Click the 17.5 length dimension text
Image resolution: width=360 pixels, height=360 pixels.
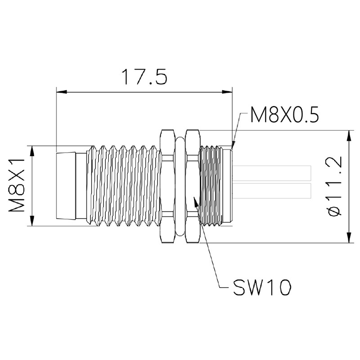pos(144,76)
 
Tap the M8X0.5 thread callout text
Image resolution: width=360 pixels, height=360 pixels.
pos(284,115)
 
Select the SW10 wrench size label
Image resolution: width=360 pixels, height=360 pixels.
pos(262,287)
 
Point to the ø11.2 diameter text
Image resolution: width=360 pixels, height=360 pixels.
pos(334,186)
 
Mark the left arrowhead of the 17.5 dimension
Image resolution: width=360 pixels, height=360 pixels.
pos(62,92)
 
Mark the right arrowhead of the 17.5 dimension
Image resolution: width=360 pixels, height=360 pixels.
pos(227,92)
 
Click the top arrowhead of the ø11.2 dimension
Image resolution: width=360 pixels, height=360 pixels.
pos(349,135)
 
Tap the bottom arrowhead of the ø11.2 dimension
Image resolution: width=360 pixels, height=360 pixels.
pos(349,238)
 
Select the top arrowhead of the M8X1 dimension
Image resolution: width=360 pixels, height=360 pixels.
pos(32,151)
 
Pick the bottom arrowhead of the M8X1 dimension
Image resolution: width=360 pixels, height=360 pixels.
pos(32,220)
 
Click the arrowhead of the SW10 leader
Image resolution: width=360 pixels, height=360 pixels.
pos(196,202)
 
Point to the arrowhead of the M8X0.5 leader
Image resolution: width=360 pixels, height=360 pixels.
pos(233,145)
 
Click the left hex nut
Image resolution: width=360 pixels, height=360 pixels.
pos(167,186)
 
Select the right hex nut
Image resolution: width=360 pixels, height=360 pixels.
pos(193,186)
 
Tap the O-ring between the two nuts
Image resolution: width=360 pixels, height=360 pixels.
pos(180,186)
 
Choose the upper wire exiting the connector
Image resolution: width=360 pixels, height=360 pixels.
pos(272,173)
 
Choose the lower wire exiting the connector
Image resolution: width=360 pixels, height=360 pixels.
pos(272,190)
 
